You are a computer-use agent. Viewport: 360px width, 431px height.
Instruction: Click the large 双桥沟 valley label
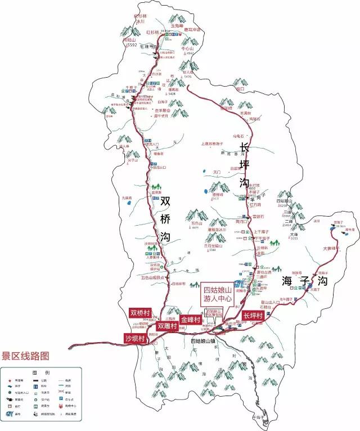165,219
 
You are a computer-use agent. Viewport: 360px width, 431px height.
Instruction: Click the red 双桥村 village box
140,313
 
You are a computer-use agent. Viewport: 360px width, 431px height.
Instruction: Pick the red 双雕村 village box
167,326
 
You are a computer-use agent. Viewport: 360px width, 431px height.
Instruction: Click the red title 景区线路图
25,356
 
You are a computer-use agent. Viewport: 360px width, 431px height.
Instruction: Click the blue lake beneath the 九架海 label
128,204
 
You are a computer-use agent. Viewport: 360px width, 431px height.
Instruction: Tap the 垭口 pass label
241,89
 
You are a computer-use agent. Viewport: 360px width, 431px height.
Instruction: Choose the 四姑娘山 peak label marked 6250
285,200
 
